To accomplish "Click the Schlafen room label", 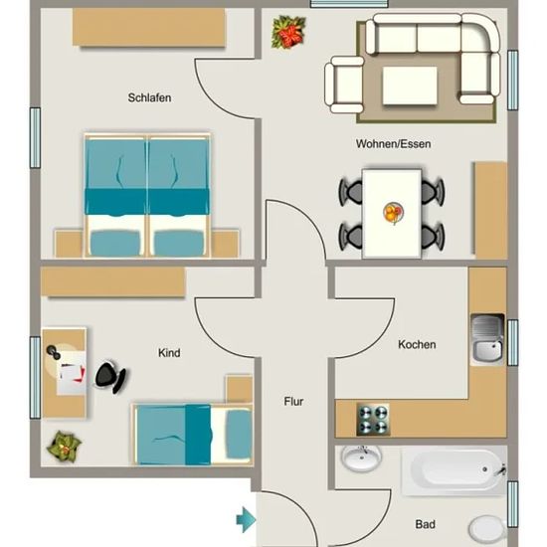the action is [149, 98].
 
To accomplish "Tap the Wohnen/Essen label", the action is [393, 144].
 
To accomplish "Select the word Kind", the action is [169, 353].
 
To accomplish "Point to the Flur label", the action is [293, 402].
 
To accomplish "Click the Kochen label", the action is [417, 345].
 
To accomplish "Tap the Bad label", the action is [425, 524].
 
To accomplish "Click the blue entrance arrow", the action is [246, 520].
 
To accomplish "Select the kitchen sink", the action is [487, 339].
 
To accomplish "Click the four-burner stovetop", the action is [373, 420].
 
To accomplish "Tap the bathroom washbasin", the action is [361, 458].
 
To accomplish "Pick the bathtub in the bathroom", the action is [454, 470].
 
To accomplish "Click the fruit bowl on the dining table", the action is [393, 213].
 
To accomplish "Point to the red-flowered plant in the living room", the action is [288, 32].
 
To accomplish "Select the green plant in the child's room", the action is [64, 447].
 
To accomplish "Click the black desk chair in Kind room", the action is [111, 376].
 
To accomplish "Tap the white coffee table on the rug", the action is [410, 86].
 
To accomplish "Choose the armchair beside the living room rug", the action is [344, 85].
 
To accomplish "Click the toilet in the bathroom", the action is [487, 529].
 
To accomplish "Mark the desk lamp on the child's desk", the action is [54, 351].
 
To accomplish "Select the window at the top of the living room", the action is [349, 4].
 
